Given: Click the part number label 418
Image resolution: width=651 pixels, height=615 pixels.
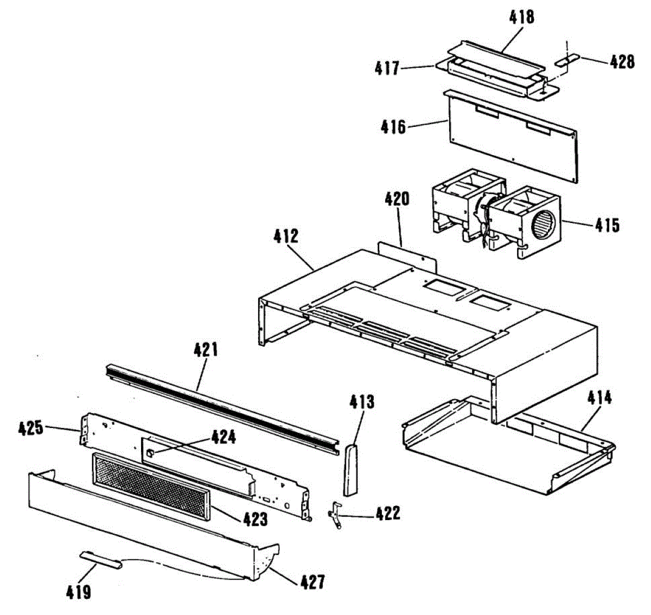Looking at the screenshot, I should [x=521, y=17].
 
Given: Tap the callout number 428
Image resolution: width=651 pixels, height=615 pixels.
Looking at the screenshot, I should [x=622, y=62].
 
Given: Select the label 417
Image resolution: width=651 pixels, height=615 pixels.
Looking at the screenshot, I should [x=387, y=68].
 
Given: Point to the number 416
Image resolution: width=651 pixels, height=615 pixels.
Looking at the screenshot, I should [x=393, y=127].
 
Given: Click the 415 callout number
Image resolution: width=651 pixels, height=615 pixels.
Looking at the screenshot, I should [x=606, y=225].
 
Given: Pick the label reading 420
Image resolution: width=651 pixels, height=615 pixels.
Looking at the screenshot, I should [x=397, y=199].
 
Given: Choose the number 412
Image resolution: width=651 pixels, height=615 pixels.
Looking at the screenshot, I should [x=286, y=236].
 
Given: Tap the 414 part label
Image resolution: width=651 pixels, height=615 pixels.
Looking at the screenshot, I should [x=599, y=398].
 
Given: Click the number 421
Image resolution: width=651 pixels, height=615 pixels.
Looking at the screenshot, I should [x=206, y=350].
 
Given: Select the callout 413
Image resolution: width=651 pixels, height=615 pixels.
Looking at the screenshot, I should [x=362, y=402].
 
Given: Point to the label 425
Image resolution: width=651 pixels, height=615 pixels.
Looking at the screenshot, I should [x=30, y=428].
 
